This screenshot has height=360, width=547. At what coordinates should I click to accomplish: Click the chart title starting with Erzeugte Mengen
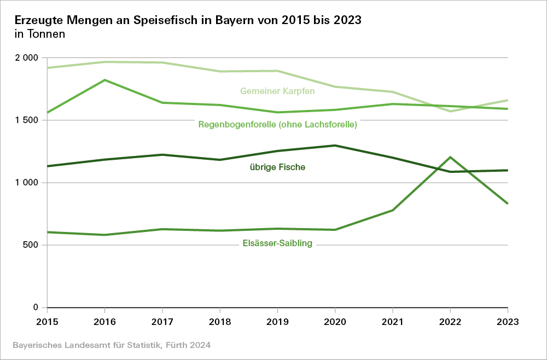click(188, 20)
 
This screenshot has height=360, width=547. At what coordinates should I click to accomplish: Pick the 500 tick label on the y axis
click(31, 245)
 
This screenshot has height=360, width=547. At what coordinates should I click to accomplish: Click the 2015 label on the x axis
click(47, 321)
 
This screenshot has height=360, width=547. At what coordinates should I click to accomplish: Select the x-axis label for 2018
click(220, 321)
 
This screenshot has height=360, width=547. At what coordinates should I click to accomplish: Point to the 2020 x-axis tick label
click(335, 321)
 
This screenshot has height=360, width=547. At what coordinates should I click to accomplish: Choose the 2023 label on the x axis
click(508, 321)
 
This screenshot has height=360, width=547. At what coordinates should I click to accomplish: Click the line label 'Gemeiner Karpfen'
click(277, 91)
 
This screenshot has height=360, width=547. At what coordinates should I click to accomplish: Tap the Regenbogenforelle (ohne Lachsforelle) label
click(277, 125)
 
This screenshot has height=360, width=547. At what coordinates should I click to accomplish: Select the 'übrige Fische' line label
click(277, 167)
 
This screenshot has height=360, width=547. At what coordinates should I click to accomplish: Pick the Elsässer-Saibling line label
click(277, 243)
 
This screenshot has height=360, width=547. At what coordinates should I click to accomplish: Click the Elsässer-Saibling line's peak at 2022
click(450, 158)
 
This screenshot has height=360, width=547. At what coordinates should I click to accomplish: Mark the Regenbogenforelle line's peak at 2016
click(104, 80)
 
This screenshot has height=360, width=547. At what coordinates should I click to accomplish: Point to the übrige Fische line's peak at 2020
click(335, 146)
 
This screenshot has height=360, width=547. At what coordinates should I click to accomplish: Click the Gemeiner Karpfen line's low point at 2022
click(450, 111)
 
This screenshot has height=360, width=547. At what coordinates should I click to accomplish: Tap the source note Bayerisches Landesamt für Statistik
click(111, 345)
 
